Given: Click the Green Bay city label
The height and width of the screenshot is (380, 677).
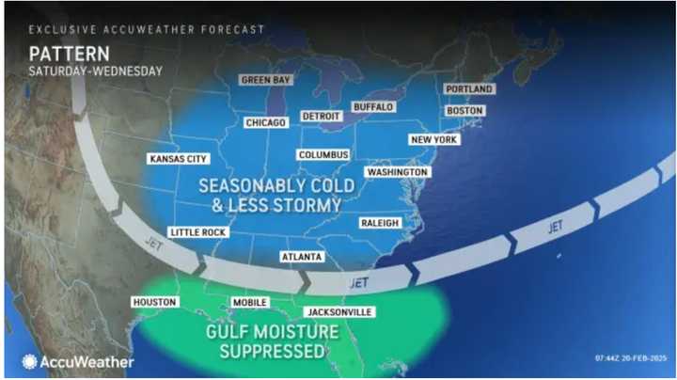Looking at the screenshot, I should pos(266,80).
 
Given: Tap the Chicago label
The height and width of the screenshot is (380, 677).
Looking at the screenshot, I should pos(265,122).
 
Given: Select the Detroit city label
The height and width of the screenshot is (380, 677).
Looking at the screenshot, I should pos(320,116).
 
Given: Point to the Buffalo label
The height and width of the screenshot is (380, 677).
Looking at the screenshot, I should pos(372,107).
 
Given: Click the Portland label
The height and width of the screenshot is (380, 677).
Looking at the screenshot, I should pos(469,89).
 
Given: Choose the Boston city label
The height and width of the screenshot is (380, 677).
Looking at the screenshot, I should pos(464,111).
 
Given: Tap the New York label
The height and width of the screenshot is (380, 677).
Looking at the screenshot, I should pos(433,140).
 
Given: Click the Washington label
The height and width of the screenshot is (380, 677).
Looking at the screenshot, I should pos(397,172).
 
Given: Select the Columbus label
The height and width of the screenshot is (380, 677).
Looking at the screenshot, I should pos(323,154).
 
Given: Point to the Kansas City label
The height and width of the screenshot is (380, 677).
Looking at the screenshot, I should pos(179,159).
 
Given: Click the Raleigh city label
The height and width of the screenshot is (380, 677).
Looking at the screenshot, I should pos(380,223).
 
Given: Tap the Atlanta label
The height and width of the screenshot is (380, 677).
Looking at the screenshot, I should pos(302,257).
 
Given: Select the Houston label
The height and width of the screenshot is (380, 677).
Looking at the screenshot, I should pos(155,302).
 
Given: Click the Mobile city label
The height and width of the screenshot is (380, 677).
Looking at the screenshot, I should pos(251,302).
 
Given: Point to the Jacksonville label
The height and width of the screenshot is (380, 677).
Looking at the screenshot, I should pos(338,311).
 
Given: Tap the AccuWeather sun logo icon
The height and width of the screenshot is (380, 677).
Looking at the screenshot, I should pos(29,361).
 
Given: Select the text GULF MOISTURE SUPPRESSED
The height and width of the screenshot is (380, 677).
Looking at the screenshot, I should pos(273,341).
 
